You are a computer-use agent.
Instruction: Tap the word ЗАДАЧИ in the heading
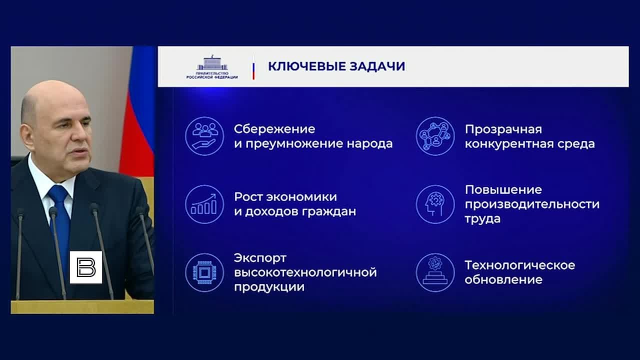pyautogui.click(x=377, y=66)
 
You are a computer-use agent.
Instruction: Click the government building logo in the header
pyautogui.click(x=212, y=67)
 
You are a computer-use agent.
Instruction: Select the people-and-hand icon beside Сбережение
pyautogui.click(x=204, y=136)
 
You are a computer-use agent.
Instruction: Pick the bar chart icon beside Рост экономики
pyautogui.click(x=204, y=204)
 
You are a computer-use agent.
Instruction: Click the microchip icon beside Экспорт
pyautogui.click(x=204, y=272)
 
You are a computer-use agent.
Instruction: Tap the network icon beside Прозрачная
pyautogui.click(x=435, y=136)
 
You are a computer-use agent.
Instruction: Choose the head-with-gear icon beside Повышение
pyautogui.click(x=435, y=204)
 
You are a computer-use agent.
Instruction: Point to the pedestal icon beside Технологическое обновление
pyautogui.click(x=435, y=272)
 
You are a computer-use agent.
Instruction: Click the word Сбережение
pyautogui.click(x=274, y=129)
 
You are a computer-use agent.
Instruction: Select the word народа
pyautogui.click(x=369, y=143)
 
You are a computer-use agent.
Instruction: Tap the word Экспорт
pyautogui.click(x=260, y=258)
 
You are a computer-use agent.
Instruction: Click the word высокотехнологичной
pyautogui.click(x=305, y=272)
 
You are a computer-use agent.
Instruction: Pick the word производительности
pyautogui.click(x=532, y=204)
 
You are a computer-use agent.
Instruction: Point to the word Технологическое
pyautogui.click(x=520, y=265)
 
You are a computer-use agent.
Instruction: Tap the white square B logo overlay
pyautogui.click(x=86, y=267)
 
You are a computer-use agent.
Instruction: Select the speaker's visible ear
pyautogui.click(x=27, y=136)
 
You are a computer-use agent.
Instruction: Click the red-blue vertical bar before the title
pyautogui.click(x=253, y=71)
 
